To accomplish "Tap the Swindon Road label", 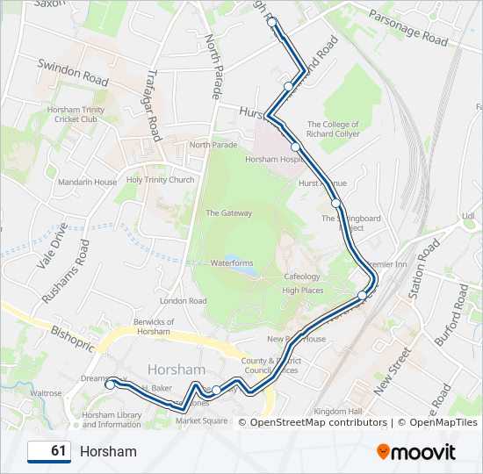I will pyautogui.click(x=72, y=73).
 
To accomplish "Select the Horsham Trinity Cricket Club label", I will pyautogui.click(x=79, y=114).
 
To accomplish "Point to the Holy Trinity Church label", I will pyautogui.click(x=160, y=180).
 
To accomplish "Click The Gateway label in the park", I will pyautogui.click(x=228, y=213).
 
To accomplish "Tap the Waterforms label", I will pyautogui.click(x=231, y=262).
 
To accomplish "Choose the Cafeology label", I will pyautogui.click(x=301, y=276).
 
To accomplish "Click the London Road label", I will pyautogui.click(x=183, y=301).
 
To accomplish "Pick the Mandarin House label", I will pyautogui.click(x=87, y=183).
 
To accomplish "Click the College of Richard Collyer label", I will pyautogui.click(x=334, y=130).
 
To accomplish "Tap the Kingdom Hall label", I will pyautogui.click(x=338, y=411).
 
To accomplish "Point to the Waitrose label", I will pyautogui.click(x=46, y=394).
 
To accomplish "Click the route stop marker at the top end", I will pyautogui.click(x=272, y=22).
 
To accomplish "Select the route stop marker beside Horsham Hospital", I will pyautogui.click(x=296, y=147).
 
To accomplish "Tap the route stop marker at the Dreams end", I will pyautogui.click(x=110, y=384).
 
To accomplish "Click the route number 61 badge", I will pyautogui.click(x=49, y=451).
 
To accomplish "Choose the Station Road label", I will pyautogui.click(x=428, y=264).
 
